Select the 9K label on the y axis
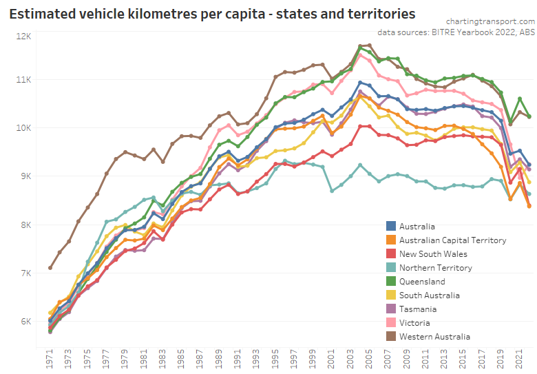[x=25, y=176]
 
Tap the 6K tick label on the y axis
[x=25, y=322]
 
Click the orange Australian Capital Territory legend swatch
[x=391, y=240]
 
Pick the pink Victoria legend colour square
[x=391, y=323]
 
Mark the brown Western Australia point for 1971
[x=50, y=267]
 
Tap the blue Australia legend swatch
[x=391, y=227]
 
